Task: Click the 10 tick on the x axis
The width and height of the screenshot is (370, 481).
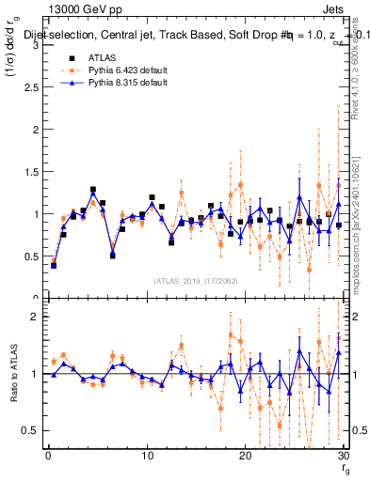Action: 147,456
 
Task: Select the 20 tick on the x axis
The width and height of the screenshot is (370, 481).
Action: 245,456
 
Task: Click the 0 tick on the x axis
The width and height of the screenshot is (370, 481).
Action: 48,456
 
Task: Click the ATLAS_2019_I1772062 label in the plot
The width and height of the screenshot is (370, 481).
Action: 195,280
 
